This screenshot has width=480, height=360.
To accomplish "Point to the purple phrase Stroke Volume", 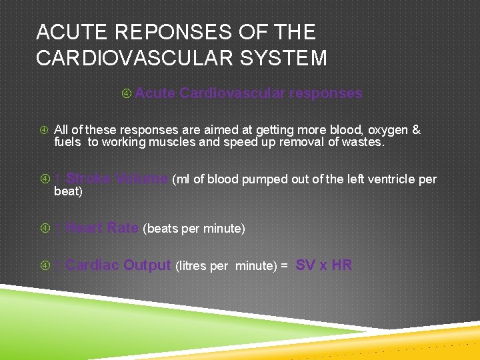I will (117, 179).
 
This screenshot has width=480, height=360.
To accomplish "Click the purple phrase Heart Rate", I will (102, 228).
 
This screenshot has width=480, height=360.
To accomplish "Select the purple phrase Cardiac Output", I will (119, 265).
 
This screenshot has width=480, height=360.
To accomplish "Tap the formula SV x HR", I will (323, 265).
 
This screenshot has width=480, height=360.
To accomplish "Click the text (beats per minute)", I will (194, 229).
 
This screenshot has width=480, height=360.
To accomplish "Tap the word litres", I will (191, 266).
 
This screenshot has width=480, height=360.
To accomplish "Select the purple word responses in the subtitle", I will (325, 93).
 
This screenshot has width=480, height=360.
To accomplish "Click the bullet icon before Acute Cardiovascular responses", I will (127, 94).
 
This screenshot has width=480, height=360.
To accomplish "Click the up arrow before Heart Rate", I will (59, 229).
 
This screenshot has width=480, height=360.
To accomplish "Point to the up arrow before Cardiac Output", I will (59, 266).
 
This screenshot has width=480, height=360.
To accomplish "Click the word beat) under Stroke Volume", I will (68, 191).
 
